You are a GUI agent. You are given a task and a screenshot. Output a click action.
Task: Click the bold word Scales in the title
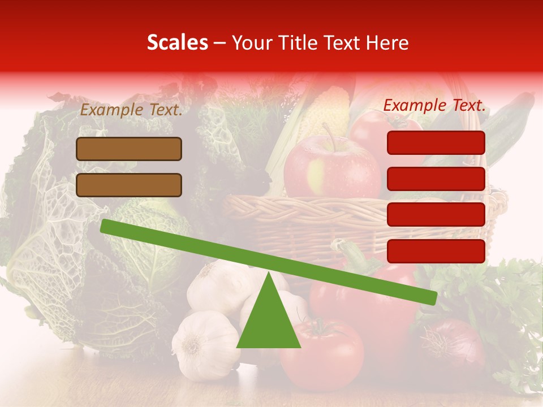point(177,42)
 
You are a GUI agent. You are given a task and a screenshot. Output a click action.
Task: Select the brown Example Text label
point(131,110)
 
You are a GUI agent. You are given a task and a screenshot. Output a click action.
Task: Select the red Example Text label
point(434,105)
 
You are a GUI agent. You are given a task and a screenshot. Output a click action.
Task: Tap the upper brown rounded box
point(129,149)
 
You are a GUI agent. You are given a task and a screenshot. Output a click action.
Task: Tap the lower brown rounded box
point(129,185)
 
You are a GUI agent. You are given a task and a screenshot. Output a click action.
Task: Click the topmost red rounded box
point(436,142)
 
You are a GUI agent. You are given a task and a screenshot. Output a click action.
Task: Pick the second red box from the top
point(436,179)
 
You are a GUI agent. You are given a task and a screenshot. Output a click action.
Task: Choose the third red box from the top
point(436,214)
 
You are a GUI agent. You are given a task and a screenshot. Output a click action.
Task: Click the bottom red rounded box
point(436,251)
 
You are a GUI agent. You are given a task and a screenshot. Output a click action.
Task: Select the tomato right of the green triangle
point(322,353)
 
